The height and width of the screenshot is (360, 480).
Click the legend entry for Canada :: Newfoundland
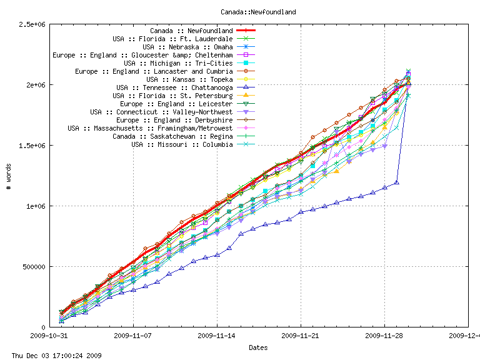tap(191, 31)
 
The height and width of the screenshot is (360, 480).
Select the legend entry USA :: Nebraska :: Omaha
tap(187, 47)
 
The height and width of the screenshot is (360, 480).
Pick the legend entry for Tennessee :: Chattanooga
tap(174, 87)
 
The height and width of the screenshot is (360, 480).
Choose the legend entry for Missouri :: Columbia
tap(182, 144)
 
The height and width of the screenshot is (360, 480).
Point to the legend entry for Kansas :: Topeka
tap(189, 79)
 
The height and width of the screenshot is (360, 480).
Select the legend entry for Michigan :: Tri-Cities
tap(178, 63)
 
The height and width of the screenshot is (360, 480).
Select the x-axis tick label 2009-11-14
tap(217, 336)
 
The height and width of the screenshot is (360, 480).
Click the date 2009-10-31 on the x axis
tap(50, 336)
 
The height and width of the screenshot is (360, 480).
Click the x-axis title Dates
tap(258, 347)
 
